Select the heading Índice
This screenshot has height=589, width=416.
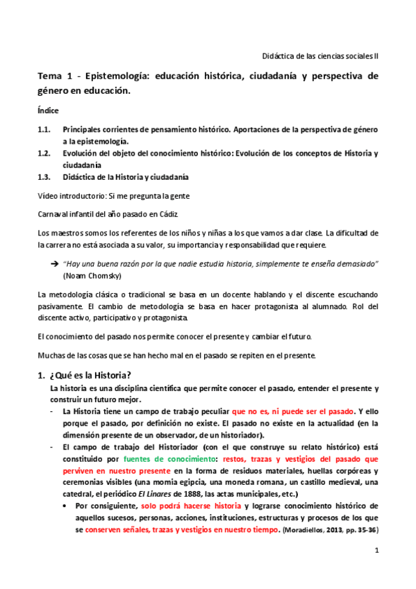(48, 110)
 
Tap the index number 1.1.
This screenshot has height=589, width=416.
(45, 130)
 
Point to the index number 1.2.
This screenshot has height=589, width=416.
(45, 154)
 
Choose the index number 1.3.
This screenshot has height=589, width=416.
(45, 176)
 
